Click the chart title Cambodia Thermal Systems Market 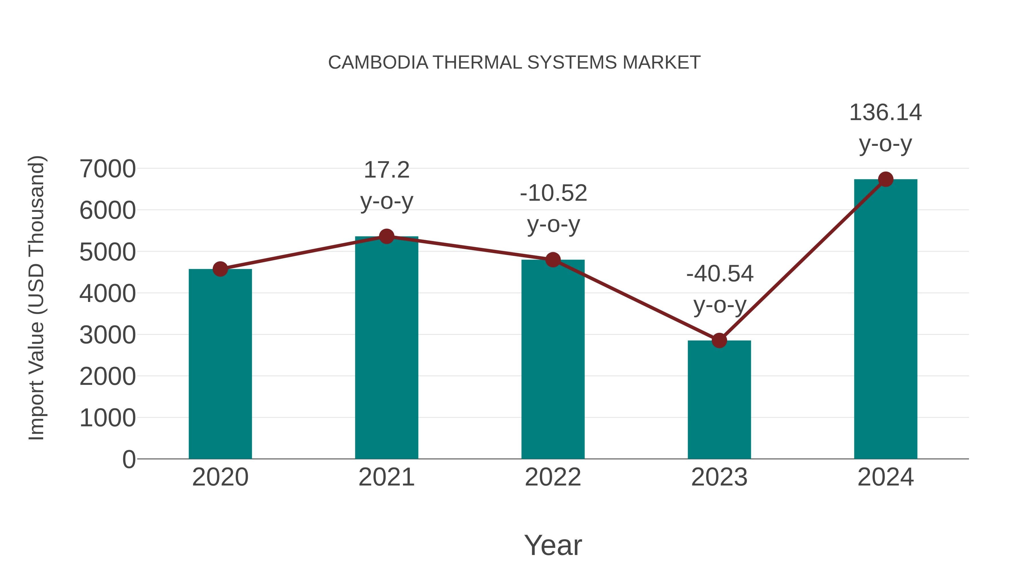(514, 63)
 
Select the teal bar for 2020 (220, 364)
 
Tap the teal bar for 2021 (386, 348)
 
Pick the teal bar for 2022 (553, 360)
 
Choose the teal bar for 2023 (719, 400)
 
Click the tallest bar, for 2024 (886, 320)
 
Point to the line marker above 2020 (220, 269)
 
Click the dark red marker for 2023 (719, 341)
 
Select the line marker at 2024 (886, 179)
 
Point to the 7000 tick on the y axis (107, 169)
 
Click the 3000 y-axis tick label (107, 335)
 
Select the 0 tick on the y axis (129, 459)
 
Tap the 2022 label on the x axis (553, 477)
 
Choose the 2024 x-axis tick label (886, 477)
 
